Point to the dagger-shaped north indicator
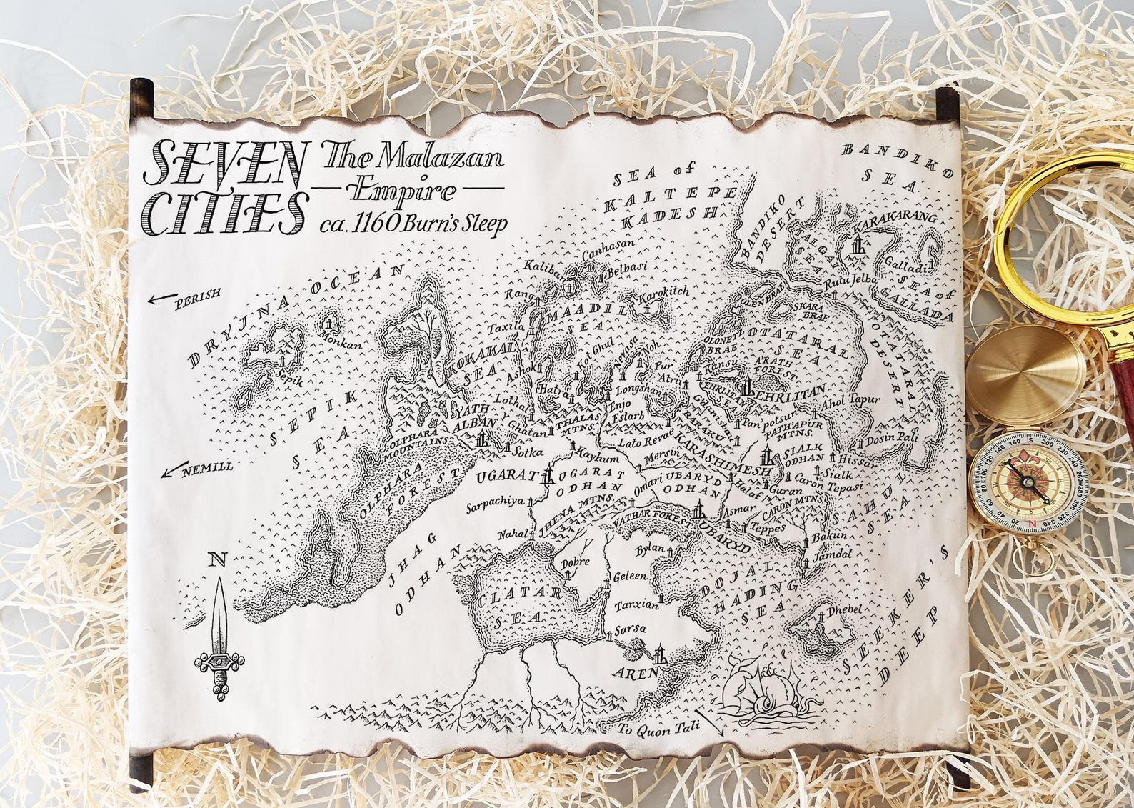click(219, 629)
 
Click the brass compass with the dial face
click(1028, 482)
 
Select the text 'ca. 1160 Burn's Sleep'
click(414, 224)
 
